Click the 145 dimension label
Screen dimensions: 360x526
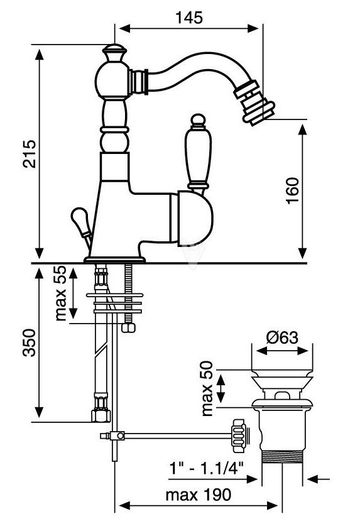pyautogui.click(x=189, y=18)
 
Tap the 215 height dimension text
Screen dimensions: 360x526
pyautogui.click(x=29, y=154)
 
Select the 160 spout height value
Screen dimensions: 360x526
pyautogui.click(x=292, y=190)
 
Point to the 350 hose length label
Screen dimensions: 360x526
pyautogui.click(x=29, y=342)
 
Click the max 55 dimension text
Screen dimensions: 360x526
pyautogui.click(x=61, y=293)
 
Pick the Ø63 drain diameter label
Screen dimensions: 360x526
pyautogui.click(x=282, y=337)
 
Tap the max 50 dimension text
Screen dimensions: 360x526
pyautogui.click(x=207, y=388)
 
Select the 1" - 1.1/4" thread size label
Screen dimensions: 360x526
pyautogui.click(x=206, y=468)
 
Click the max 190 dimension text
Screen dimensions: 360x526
pyautogui.click(x=199, y=495)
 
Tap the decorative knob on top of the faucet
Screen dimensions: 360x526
pyautogui.click(x=114, y=53)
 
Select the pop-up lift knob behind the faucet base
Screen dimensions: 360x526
pyautogui.click(x=80, y=222)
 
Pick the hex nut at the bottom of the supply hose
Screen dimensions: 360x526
pyautogui.click(x=101, y=415)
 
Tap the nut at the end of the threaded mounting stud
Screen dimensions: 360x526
pyautogui.click(x=129, y=328)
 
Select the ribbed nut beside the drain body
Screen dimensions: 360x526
pyautogui.click(x=239, y=436)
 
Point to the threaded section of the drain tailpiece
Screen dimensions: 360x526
pyautogui.click(x=282, y=457)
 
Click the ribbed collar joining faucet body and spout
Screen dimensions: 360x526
pyautogui.click(x=139, y=81)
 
